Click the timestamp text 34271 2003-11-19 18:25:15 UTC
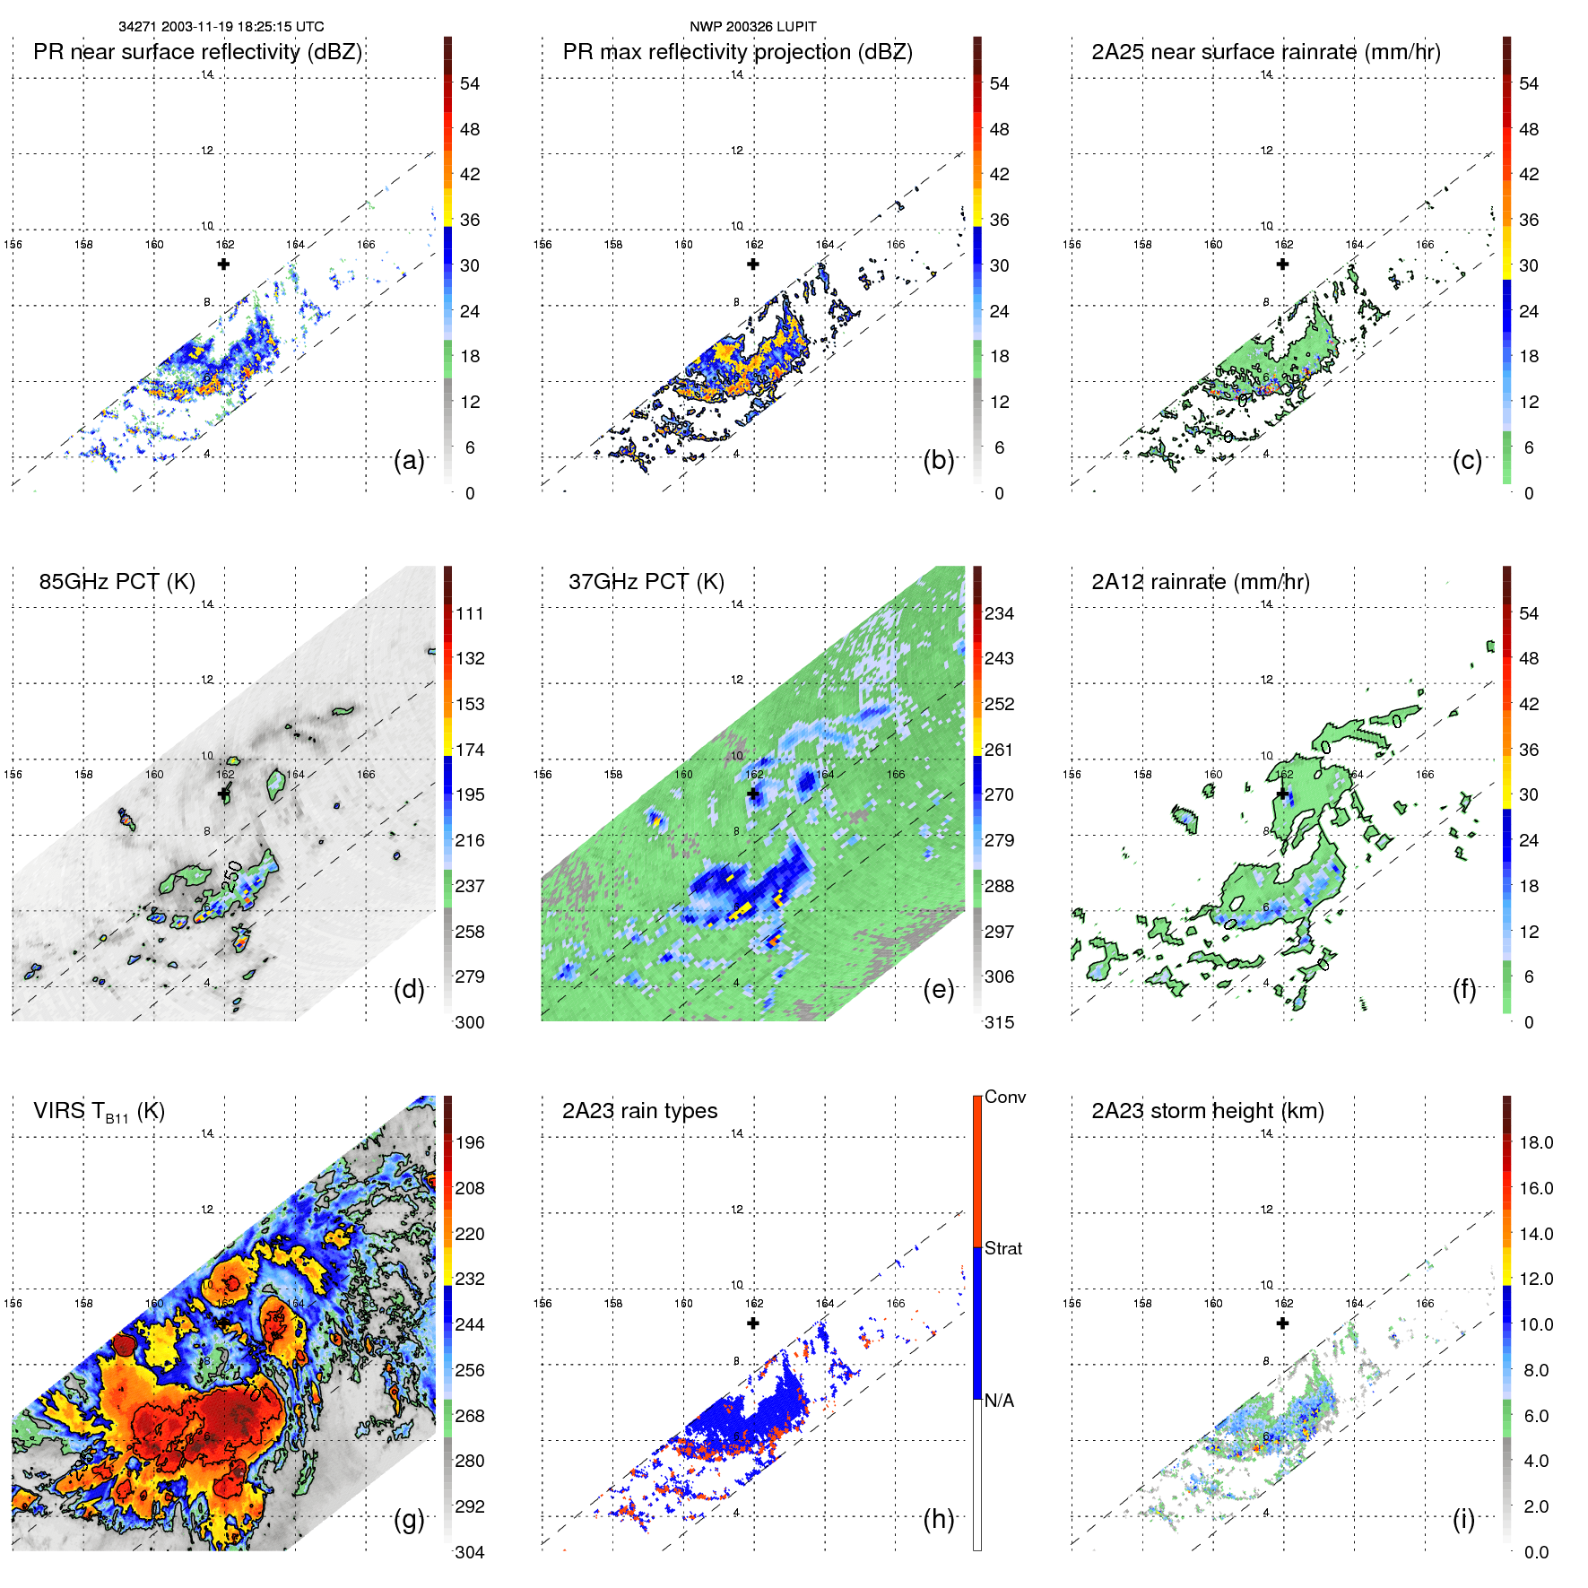point(221,27)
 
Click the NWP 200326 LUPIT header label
point(752,27)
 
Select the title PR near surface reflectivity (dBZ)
point(197,52)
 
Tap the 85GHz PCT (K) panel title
point(117,582)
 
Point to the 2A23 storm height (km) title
point(1207,1111)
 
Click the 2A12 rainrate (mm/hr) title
point(1200,582)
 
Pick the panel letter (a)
point(409,461)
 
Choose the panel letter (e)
point(938,990)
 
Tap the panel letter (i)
point(1463,1519)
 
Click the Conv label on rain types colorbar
point(1004,1098)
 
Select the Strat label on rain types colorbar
point(1002,1249)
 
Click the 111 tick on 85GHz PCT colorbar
point(469,614)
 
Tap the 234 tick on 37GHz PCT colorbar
point(999,614)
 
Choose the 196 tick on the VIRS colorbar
point(469,1143)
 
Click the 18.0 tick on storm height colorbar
point(1535,1143)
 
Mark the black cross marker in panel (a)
point(223,264)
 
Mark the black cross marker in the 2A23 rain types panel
point(753,1323)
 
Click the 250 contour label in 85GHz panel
point(232,875)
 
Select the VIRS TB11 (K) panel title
point(99,1112)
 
